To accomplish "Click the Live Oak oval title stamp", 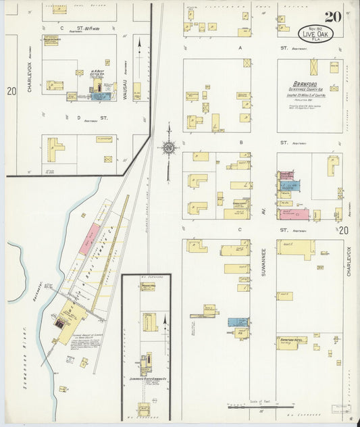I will click(315, 33).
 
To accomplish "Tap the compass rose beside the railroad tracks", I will click(167, 148).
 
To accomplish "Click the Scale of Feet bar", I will click(261, 407).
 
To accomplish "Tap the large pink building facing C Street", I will click(294, 214).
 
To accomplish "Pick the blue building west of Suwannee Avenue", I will click(237, 322).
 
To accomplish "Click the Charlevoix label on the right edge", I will click(349, 261).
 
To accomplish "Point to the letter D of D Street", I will click(78, 118).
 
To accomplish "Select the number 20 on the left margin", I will click(11, 91).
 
